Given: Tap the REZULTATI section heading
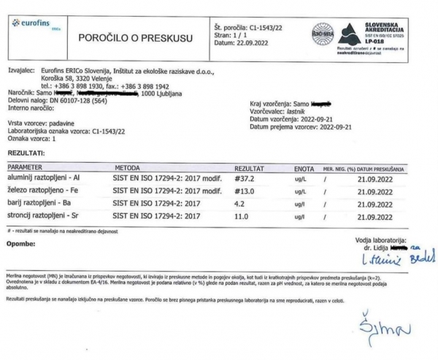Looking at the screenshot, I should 25,153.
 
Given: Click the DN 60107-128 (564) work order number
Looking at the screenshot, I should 75,101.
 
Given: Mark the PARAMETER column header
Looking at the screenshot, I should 24,167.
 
